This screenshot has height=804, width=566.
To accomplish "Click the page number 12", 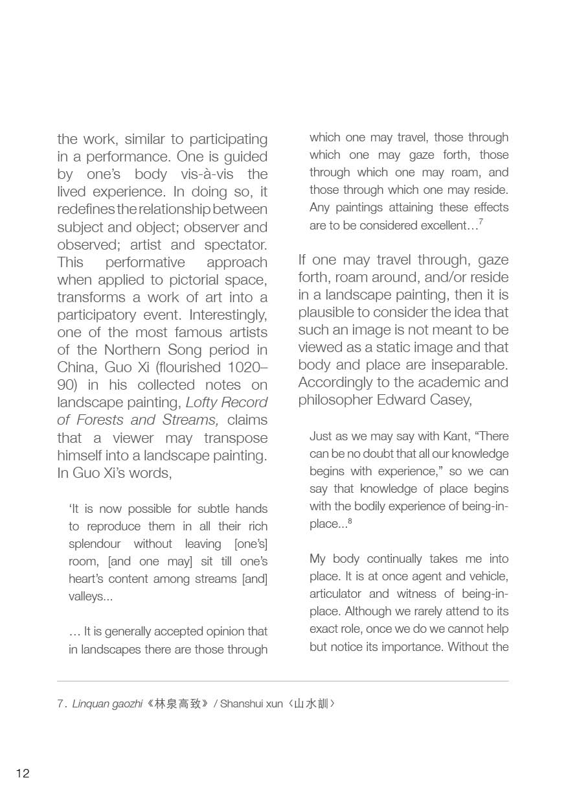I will [23, 773].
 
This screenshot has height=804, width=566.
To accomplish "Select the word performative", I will [145, 263].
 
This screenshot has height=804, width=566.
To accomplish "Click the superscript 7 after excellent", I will [481, 222].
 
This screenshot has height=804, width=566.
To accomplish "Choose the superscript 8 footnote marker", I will [350, 520].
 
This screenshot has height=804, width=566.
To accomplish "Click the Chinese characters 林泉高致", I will [176, 703].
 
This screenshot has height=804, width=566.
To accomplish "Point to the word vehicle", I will [486, 576].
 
